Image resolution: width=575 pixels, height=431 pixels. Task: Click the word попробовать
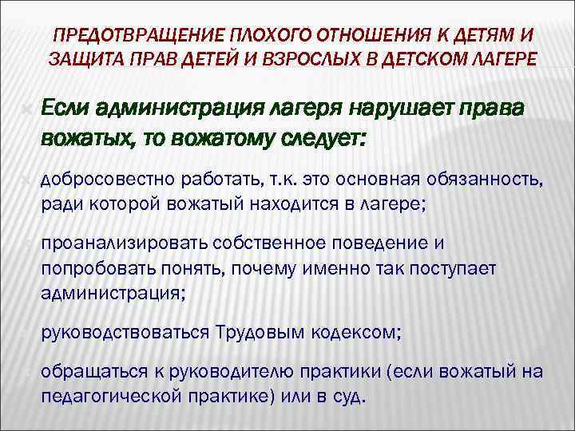93,267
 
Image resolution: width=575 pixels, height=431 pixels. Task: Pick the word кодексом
352,330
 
